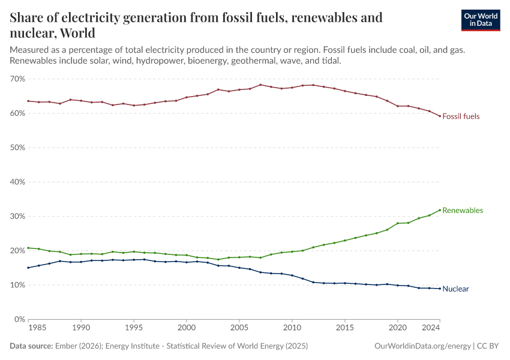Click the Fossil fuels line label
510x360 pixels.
tap(461, 116)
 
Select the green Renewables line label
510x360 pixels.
tap(463, 211)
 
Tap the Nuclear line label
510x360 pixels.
tap(455, 289)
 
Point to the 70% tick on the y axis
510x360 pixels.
tap(17, 79)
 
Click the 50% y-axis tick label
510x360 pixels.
tap(17, 148)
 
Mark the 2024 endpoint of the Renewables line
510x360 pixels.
tap(440, 210)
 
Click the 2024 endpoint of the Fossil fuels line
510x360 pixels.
tap(440, 116)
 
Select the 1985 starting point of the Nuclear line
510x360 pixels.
tap(29, 268)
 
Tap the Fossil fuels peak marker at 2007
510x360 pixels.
tap(260, 85)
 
